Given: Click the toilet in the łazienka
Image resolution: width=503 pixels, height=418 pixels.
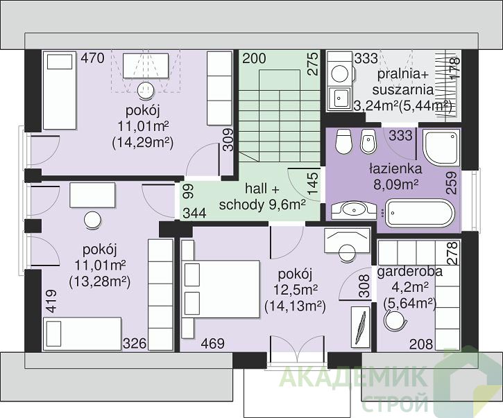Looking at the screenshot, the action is pos(343,141).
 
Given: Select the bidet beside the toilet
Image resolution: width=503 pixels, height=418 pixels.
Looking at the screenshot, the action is pos(368,141).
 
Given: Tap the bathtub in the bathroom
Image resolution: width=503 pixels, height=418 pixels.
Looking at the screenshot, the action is pos(420,213).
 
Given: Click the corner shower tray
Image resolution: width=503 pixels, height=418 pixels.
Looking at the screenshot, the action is pos(441,148).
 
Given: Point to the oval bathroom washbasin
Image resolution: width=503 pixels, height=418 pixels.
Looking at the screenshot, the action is pos(354,210).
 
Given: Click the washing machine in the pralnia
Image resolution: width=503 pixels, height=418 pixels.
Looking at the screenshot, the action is pos(340,70).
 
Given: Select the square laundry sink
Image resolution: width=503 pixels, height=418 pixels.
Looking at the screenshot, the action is pos(340,98).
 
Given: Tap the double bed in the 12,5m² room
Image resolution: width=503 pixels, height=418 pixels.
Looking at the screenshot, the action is pos(221,289).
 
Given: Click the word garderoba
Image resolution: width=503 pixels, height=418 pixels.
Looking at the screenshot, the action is pos(409,272).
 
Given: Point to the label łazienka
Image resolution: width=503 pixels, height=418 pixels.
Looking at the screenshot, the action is pos(395,168).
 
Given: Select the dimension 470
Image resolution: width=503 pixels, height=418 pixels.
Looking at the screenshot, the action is pos(92,58).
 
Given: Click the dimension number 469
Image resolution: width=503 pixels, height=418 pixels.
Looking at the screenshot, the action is pos(213,344).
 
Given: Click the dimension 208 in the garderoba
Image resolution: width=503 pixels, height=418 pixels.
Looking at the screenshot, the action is pos(421,345).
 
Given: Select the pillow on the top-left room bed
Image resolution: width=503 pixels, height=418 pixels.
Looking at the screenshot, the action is pos(60,62).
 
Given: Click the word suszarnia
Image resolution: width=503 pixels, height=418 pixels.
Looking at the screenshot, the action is pos(403,89).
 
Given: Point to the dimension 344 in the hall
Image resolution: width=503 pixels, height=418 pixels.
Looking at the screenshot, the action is pos(195,214).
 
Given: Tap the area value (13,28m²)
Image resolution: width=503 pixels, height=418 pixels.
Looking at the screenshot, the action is pos(100,281).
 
